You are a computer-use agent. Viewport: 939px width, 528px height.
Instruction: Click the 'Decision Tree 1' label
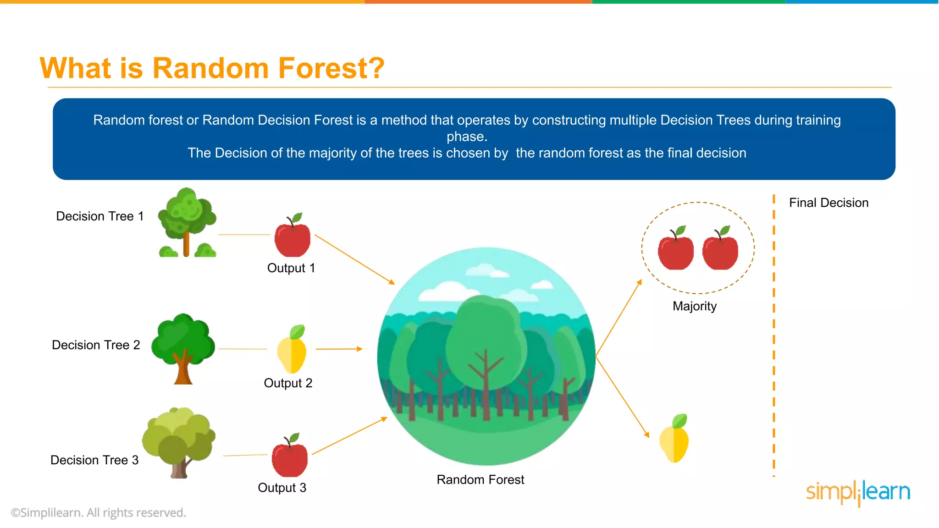coord(99,216)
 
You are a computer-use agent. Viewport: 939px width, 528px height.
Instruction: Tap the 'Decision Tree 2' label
coord(96,345)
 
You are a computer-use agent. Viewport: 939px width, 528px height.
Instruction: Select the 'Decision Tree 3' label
coord(94,460)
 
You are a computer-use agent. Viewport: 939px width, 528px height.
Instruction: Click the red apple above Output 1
coord(292,238)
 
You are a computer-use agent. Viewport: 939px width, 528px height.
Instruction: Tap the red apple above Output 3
coord(289,458)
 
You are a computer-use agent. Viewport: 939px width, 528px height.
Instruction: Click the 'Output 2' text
coord(288,383)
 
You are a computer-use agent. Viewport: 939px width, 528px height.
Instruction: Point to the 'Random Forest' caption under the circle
coord(480,479)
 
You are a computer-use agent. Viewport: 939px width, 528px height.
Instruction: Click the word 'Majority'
coord(694,306)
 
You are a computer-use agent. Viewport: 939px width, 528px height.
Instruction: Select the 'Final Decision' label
coord(829,203)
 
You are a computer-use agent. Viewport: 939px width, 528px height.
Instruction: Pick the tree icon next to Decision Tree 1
coord(187,222)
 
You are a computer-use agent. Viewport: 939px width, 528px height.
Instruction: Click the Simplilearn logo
coord(858,493)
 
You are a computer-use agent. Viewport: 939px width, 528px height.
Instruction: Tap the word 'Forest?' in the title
coord(331,68)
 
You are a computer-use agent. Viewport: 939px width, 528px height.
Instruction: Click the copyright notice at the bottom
coord(99,512)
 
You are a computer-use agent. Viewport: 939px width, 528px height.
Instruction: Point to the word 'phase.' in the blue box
coord(467,137)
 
